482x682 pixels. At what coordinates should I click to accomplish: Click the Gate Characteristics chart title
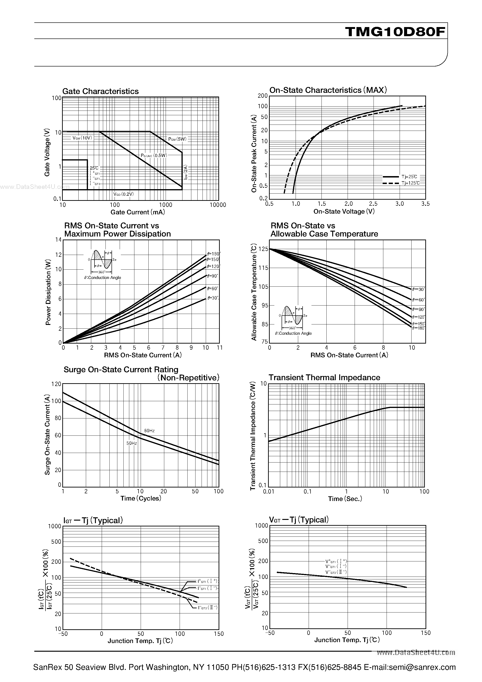[x=101, y=91]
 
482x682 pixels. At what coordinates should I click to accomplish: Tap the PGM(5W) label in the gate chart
[x=177, y=139]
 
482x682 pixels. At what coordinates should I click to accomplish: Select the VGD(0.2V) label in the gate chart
[x=123, y=194]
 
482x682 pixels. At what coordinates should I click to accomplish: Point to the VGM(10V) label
[x=82, y=138]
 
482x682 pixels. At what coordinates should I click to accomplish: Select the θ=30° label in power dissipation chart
[x=213, y=298]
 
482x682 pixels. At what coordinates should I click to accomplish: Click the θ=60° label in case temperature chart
[x=418, y=300]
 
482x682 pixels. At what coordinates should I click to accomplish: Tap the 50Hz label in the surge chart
[x=132, y=443]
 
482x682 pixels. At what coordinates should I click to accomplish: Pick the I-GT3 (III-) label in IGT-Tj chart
[x=208, y=607]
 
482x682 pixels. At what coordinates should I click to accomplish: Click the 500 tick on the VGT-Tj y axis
[x=263, y=541]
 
